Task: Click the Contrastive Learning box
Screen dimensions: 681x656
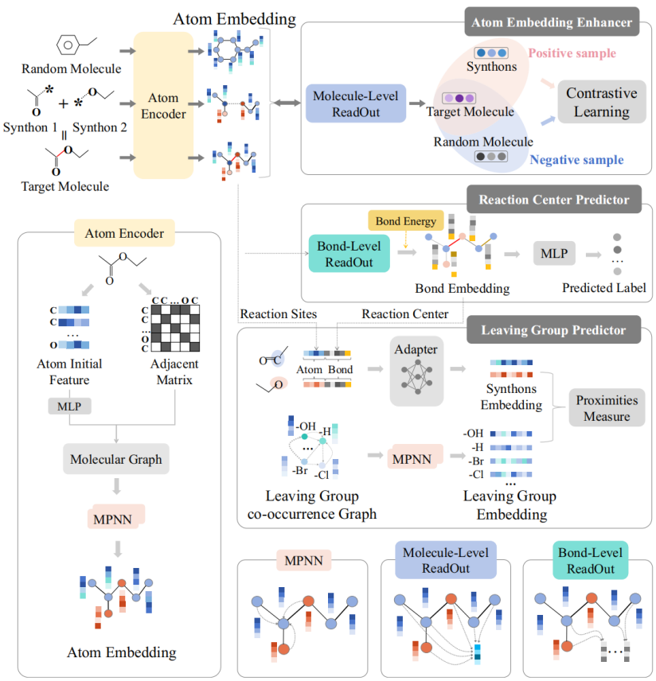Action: (602, 102)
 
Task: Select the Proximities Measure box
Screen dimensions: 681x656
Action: (603, 408)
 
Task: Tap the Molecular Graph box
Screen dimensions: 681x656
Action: (116, 459)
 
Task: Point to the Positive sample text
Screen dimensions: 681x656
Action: (572, 53)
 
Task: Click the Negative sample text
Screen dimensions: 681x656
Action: (576, 160)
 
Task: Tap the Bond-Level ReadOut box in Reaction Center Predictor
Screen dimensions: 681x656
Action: (349, 247)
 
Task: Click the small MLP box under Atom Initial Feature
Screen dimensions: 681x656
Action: (70, 407)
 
